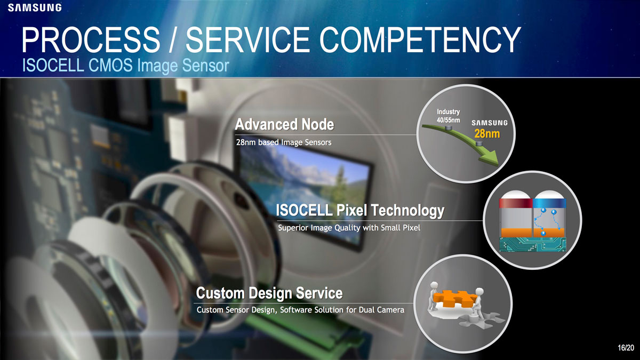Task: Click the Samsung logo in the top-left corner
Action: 35,7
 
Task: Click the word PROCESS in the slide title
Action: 91,39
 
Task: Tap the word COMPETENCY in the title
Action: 420,39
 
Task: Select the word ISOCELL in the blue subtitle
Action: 53,65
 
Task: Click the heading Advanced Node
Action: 284,125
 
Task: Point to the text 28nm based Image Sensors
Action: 284,142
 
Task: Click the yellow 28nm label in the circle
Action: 487,134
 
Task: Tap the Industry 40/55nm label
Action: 449,116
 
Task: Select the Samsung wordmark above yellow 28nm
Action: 490,123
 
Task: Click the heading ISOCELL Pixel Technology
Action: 360,211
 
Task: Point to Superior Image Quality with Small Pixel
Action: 349,228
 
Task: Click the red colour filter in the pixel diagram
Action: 516,203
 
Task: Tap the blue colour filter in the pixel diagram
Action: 549,203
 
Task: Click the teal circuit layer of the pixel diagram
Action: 533,244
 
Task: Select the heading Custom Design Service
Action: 269,293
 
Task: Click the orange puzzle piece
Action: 454,299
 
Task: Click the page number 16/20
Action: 626,348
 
